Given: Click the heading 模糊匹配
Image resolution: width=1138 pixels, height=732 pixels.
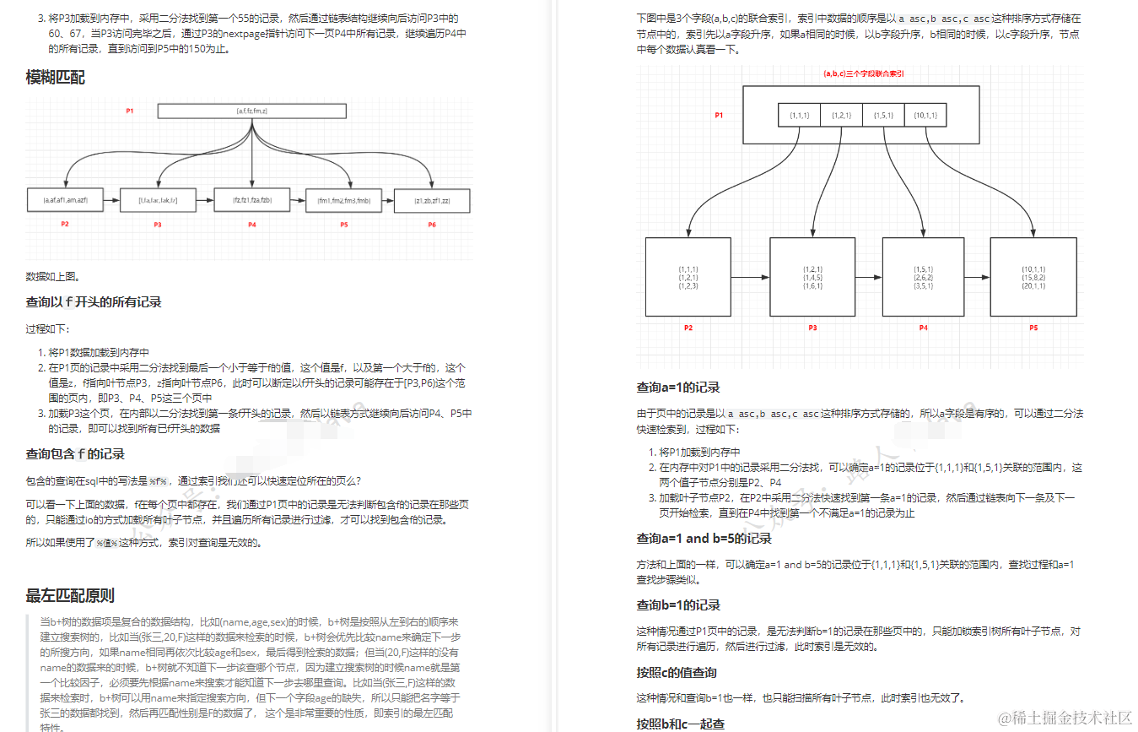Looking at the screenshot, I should (55, 79).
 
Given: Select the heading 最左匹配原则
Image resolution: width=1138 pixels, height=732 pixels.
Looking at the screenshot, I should (70, 596).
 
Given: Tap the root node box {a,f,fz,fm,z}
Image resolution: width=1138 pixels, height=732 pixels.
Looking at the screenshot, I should (251, 111).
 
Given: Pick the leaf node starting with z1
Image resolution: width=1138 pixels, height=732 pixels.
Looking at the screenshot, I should (431, 200).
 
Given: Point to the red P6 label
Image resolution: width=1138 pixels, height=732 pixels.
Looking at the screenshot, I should (431, 225).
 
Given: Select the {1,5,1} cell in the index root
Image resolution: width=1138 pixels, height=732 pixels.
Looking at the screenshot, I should (883, 115).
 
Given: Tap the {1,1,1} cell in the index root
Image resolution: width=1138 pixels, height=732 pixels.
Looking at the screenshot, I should (799, 115).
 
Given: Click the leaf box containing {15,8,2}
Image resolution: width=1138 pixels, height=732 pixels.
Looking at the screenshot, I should (1033, 277).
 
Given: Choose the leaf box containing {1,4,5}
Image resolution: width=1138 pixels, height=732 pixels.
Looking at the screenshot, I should (812, 277).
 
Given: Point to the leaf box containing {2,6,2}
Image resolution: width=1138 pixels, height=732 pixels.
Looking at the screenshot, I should (923, 277).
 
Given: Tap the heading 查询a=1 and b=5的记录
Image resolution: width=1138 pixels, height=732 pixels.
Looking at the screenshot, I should (704, 539).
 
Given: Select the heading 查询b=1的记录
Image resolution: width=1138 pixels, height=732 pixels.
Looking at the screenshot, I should (678, 605).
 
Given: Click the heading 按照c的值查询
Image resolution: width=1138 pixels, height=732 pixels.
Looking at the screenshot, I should (677, 673).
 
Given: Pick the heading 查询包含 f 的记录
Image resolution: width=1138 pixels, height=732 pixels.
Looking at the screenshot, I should (75, 454).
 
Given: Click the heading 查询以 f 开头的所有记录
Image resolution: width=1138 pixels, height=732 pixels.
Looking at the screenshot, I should (94, 302).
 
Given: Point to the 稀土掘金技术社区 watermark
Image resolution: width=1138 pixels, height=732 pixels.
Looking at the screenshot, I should (1065, 717).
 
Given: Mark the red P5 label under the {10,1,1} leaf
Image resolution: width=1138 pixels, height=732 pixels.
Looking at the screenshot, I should (1033, 328).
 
